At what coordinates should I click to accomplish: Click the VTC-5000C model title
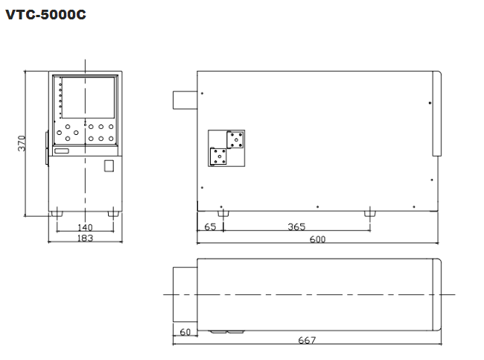coord(45,14)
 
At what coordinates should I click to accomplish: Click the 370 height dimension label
coord(22,143)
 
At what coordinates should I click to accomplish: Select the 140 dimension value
coord(85,227)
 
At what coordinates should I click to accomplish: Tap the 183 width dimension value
coord(85,238)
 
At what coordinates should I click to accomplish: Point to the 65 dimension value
coord(210,227)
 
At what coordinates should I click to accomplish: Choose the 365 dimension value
coord(296,227)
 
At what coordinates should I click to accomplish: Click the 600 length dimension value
coord(318,239)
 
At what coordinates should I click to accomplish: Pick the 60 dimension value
coord(185,332)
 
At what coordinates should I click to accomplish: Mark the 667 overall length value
coord(307,340)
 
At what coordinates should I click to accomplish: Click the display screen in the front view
coord(89,98)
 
